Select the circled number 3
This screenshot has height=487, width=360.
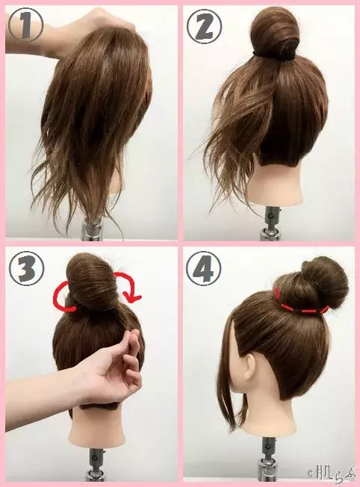pos(26,268)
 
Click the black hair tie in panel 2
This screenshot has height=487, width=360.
pos(275,55)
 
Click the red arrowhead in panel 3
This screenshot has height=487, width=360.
pos(133,298)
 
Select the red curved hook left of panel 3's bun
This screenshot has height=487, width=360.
pos(63,296)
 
